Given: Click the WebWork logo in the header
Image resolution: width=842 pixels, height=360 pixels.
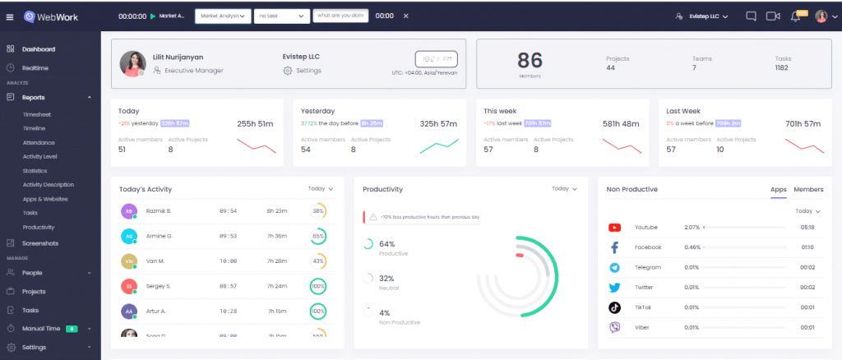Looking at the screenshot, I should pos(52,16).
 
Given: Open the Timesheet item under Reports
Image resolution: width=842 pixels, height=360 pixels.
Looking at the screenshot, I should pos(37,114).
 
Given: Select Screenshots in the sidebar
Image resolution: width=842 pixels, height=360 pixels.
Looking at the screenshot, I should pos(41,243).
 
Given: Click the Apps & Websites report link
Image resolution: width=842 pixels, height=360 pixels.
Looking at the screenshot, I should pos(45,199).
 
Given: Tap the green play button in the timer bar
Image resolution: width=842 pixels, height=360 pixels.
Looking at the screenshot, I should pos(152,16).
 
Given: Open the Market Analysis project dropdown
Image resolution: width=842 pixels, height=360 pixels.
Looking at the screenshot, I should pos(223,16).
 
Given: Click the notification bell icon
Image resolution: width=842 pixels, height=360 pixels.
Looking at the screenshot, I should pos(796,16).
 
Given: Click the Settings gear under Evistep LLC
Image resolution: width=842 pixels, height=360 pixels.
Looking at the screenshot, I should pos(288,71).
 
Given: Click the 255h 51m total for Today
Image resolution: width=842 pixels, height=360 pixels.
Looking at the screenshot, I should pos(255,123).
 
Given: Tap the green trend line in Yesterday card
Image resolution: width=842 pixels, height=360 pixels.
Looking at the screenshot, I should pos(439,145).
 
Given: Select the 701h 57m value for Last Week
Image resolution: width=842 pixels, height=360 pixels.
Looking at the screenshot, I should pos(803,123).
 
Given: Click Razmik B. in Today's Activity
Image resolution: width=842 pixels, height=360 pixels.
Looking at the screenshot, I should pos(157,211).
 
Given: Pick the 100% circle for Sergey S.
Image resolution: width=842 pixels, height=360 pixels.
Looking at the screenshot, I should pos(317,286).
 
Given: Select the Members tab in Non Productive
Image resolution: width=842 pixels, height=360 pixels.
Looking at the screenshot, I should pos(808,189).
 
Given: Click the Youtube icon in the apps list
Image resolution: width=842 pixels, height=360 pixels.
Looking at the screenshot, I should pos(614,227).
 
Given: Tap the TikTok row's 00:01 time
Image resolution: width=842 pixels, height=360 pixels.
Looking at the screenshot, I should pos(807,307).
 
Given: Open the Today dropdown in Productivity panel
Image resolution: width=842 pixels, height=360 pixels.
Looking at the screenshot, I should pos(565,189).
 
